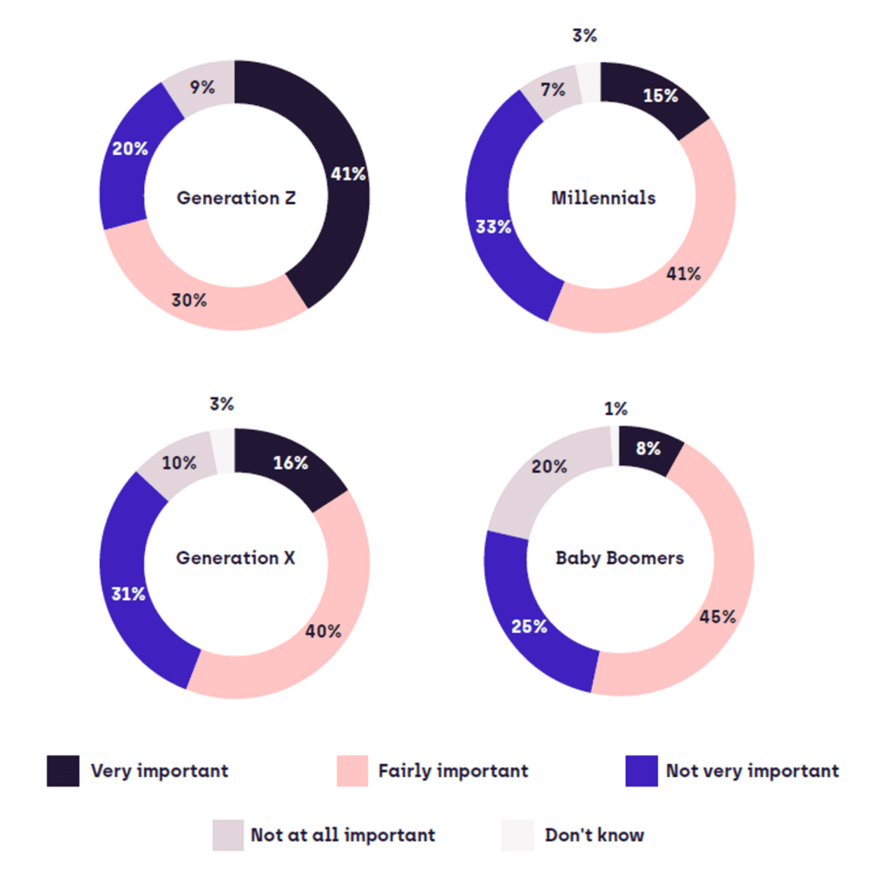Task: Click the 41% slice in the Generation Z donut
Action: tap(348, 174)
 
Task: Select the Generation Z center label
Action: tap(236, 198)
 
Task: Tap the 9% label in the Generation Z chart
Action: tap(203, 87)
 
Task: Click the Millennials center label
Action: tap(603, 198)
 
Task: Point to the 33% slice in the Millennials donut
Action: tap(493, 227)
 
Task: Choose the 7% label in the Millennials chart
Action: tap(553, 89)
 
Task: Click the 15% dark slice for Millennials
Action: tap(660, 96)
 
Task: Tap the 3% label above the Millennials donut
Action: tap(584, 36)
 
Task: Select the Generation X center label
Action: tap(236, 557)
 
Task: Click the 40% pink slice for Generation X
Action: tap(323, 631)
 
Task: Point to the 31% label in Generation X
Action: tap(128, 594)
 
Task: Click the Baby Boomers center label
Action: tap(620, 557)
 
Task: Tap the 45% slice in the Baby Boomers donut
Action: tap(718, 617)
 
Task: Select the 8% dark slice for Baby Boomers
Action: tap(648, 449)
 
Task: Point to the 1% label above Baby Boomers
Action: tap(616, 409)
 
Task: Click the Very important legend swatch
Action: tap(63, 771)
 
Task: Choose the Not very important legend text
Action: tap(752, 771)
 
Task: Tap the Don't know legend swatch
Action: tap(517, 835)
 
